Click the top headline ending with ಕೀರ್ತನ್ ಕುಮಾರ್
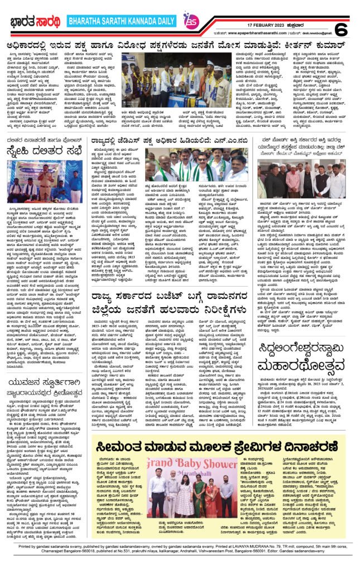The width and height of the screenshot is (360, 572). pyautogui.click(x=180, y=45)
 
